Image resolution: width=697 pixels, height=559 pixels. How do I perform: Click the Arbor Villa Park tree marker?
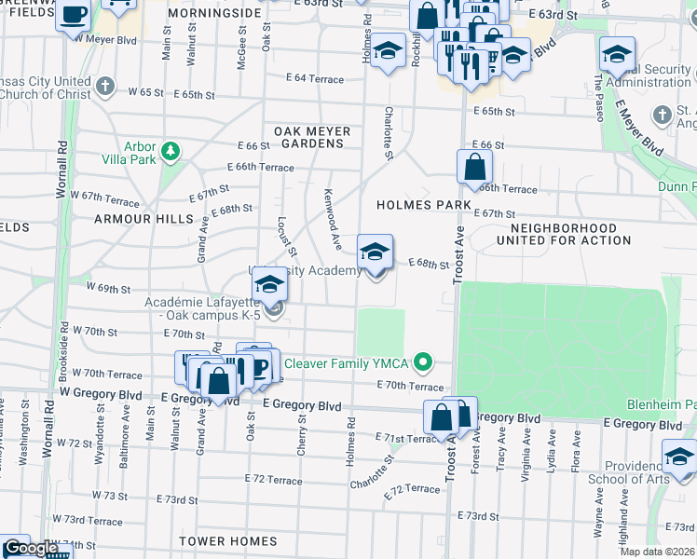(x=170, y=150)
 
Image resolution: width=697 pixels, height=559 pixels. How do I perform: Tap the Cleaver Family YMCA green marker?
(x=423, y=361)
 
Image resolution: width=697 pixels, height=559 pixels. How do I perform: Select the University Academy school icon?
(x=376, y=253)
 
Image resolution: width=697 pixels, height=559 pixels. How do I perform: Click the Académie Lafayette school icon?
(x=269, y=284)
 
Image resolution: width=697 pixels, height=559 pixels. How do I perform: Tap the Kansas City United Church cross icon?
(x=104, y=87)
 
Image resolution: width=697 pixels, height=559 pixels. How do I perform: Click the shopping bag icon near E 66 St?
(x=474, y=168)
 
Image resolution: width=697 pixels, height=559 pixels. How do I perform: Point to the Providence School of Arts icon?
(x=679, y=458)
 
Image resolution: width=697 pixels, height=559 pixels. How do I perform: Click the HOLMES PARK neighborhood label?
(x=417, y=204)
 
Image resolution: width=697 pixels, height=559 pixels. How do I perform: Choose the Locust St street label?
(x=285, y=238)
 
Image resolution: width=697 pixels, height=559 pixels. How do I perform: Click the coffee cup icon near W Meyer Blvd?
(x=73, y=16)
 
